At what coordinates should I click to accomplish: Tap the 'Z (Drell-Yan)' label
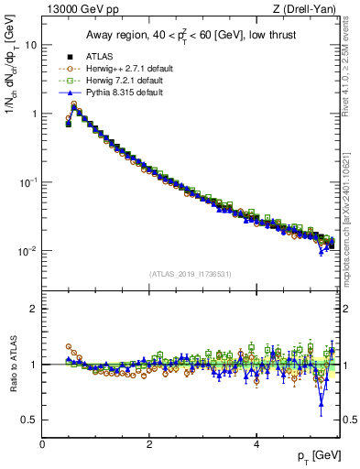(305, 10)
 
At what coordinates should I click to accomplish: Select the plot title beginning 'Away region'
(189, 34)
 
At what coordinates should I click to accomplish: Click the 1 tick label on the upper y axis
(35, 114)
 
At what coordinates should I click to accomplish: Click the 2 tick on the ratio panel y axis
(35, 309)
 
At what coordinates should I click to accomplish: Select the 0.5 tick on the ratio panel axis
(30, 420)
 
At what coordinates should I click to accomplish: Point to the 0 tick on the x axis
(42, 444)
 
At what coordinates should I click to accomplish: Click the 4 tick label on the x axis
(256, 444)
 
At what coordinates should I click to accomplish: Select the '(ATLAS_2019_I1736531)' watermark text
(189, 275)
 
